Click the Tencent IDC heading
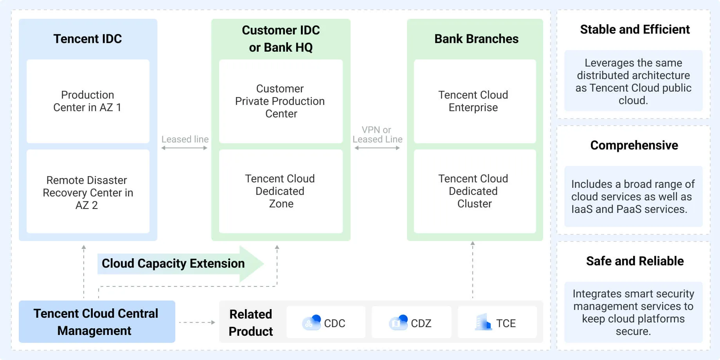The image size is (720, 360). tap(88, 39)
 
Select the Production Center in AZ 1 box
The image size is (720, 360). tap(88, 101)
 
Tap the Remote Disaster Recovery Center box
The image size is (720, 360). tap(88, 192)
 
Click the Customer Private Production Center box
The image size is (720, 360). tap(281, 101)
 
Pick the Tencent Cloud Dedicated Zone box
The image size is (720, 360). tap(281, 191)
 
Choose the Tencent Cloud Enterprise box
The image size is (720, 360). tap(474, 101)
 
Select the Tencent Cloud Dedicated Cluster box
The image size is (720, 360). tap(474, 191)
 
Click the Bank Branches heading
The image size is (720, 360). tap(476, 39)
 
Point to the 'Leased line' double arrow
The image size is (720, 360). tap(184, 148)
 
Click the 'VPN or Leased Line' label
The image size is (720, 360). tap(377, 134)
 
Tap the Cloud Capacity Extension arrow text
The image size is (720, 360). tap(173, 263)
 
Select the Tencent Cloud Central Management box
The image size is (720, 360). tap(97, 322)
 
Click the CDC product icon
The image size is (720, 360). tap(311, 322)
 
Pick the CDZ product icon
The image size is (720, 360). tap(398, 322)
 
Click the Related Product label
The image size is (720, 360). tap(251, 322)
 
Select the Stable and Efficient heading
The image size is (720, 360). tap(634, 29)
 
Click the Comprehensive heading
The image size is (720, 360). tap(634, 145)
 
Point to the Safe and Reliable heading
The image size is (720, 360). tap(635, 261)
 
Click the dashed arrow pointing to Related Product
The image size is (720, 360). tap(197, 322)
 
